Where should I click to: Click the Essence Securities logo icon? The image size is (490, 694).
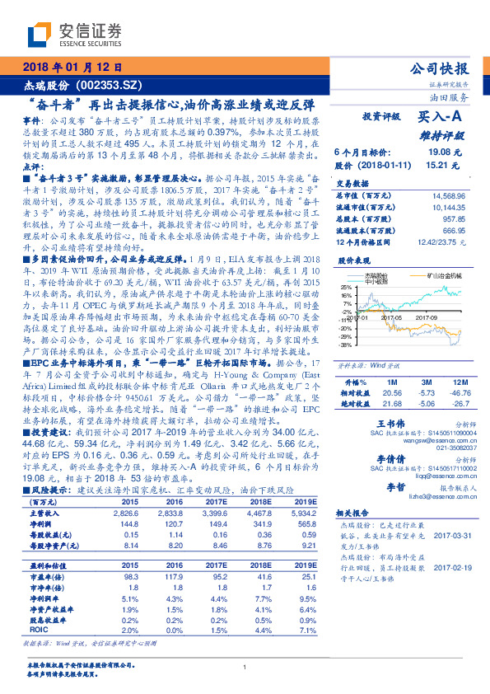40,33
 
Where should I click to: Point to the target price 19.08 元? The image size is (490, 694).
438,153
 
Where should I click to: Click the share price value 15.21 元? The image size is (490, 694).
438,165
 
